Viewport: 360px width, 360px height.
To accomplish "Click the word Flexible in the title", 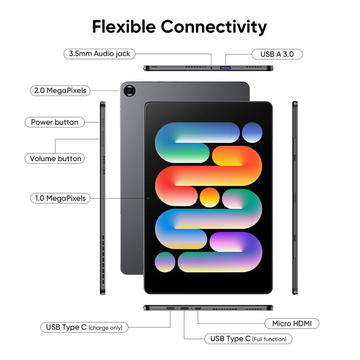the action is pyautogui.click(x=124, y=27).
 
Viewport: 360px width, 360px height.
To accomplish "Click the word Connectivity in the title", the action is pyautogui.click(x=214, y=27).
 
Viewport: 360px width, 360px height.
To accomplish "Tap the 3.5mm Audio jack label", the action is pyautogui.click(x=99, y=54).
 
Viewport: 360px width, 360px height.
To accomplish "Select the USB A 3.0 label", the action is pyautogui.click(x=277, y=54).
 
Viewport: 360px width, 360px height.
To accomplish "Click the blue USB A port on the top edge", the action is pyautogui.click(x=225, y=67).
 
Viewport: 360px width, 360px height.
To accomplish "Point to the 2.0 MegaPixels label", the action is pyautogui.click(x=60, y=90).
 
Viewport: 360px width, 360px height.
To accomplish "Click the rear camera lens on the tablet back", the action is pyautogui.click(x=129, y=90).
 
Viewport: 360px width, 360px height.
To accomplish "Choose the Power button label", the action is pyautogui.click(x=55, y=122).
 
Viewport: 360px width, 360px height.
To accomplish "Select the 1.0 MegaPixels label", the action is pyautogui.click(x=60, y=198).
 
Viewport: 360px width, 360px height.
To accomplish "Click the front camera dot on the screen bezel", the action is pyautogui.click(x=148, y=198).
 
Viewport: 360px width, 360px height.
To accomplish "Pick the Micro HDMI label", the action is pyautogui.click(x=292, y=323).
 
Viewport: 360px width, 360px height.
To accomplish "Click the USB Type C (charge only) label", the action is pyautogui.click(x=84, y=327).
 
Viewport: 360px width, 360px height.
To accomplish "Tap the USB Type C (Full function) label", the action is pyautogui.click(x=248, y=339).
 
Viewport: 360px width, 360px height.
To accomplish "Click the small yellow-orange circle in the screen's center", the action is pyautogui.click(x=210, y=197).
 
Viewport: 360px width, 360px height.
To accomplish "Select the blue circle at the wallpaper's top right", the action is pyautogui.click(x=252, y=133).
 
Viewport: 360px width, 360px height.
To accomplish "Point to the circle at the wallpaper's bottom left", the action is pyautogui.click(x=165, y=262).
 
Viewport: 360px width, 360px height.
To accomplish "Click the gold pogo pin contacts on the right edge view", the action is pyautogui.click(x=295, y=198).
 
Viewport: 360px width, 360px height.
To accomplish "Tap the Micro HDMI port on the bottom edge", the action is pyautogui.click(x=198, y=308).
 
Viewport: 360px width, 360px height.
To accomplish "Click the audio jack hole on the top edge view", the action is pyautogui.click(x=211, y=67).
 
